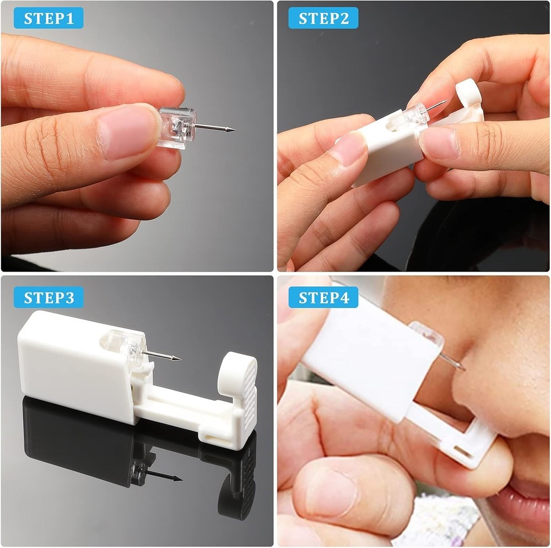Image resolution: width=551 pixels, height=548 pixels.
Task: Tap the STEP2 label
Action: pos(323,18)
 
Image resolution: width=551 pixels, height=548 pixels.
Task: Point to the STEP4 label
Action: pos(323,297)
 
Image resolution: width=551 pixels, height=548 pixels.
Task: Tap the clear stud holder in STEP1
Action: pos(177,127)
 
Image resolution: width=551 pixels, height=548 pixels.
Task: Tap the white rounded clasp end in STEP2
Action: pos(468,91)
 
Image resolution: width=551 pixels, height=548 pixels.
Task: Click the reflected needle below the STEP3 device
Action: pos(165,475)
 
